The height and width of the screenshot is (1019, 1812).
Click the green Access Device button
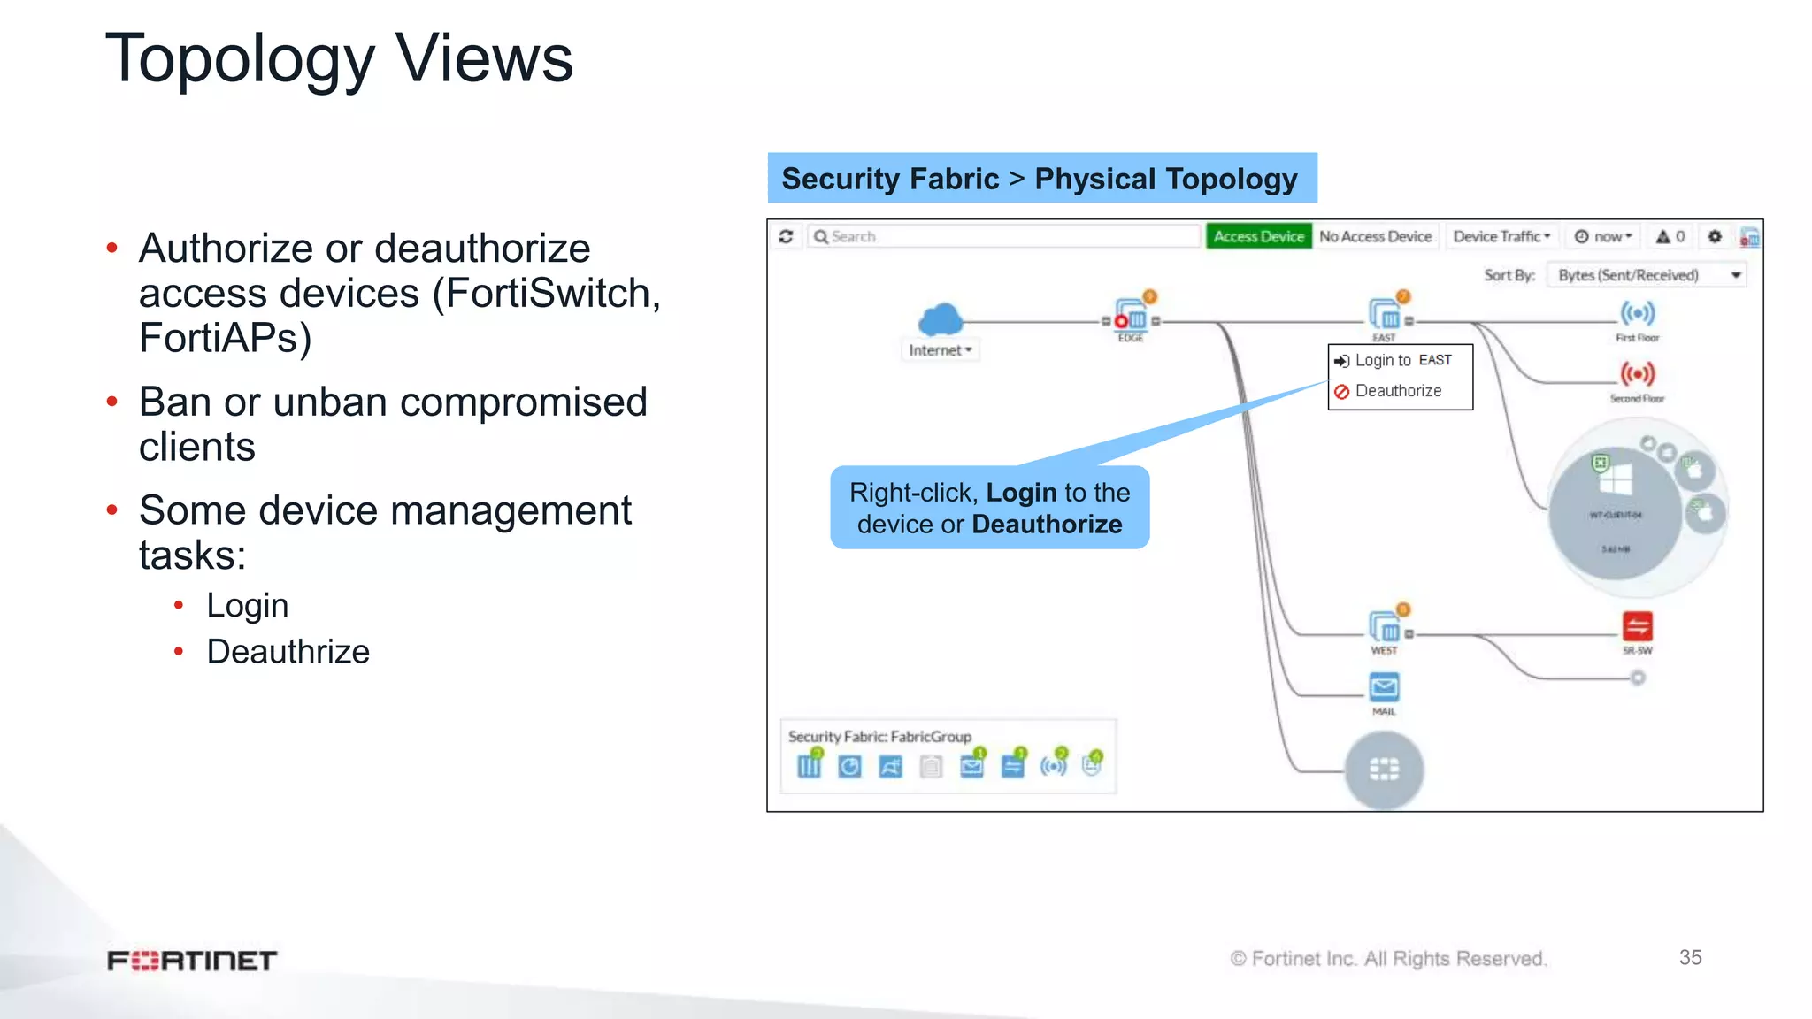pyautogui.click(x=1258, y=236)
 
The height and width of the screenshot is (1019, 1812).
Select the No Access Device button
pyautogui.click(x=1375, y=236)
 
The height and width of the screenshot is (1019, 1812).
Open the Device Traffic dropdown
pyautogui.click(x=1501, y=236)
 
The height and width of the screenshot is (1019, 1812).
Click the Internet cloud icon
pyautogui.click(x=940, y=318)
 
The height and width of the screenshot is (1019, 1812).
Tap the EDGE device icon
pyautogui.click(x=1132, y=317)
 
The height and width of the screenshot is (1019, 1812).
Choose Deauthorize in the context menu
pyautogui.click(x=1398, y=391)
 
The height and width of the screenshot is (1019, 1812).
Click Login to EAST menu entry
pyautogui.click(x=1402, y=360)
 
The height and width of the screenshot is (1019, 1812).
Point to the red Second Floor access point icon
pyautogui.click(x=1637, y=374)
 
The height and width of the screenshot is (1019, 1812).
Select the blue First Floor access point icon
pyautogui.click(x=1637, y=313)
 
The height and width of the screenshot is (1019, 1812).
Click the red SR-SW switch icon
pyautogui.click(x=1637, y=627)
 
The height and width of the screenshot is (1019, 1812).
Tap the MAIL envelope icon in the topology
pyautogui.click(x=1384, y=687)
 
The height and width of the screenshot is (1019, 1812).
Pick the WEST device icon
pyautogui.click(x=1385, y=627)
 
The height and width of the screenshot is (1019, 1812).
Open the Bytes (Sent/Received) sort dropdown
pyautogui.click(x=1646, y=275)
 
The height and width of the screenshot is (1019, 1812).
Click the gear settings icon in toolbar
pyautogui.click(x=1715, y=236)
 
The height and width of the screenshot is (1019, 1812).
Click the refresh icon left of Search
pyautogui.click(x=786, y=236)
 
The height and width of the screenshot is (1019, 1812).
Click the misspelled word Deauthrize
pyautogui.click(x=288, y=652)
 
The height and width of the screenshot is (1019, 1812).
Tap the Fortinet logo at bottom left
pyautogui.click(x=192, y=961)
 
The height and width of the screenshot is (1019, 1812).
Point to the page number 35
pyautogui.click(x=1690, y=957)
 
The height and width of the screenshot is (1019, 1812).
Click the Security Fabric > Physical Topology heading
pyautogui.click(x=1040, y=179)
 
